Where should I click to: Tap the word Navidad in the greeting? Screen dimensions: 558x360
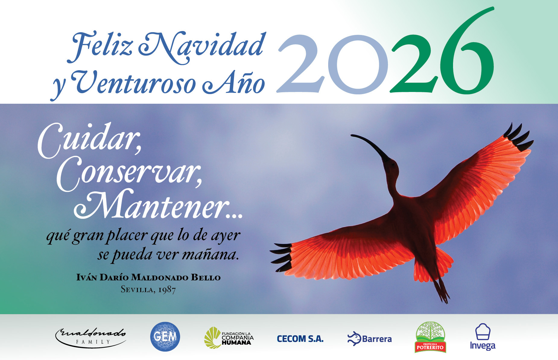click(202, 47)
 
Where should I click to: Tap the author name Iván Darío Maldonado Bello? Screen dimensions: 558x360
click(148, 277)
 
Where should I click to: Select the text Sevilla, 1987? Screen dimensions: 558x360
click(148, 289)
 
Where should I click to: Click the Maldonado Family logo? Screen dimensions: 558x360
click(90, 337)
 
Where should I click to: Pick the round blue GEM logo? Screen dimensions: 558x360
click(165, 336)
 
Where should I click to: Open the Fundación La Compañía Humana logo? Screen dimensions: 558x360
click(229, 338)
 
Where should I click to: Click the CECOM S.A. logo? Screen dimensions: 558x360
click(300, 339)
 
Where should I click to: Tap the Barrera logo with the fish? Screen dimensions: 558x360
click(369, 339)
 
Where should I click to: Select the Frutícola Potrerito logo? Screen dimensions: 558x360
click(430, 337)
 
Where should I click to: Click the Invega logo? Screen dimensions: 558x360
click(483, 337)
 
